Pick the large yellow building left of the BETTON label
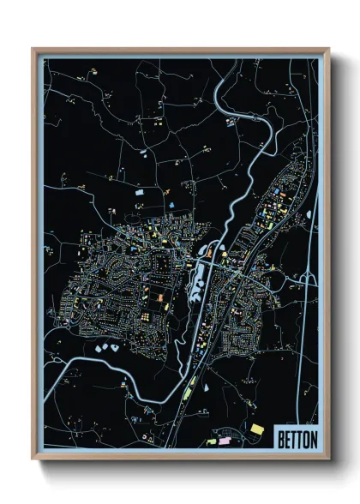click(257, 426)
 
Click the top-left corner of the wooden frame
click(33, 48)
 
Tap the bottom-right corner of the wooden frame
click(329, 459)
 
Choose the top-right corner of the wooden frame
click(329, 48)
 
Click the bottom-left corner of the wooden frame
click(33, 459)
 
